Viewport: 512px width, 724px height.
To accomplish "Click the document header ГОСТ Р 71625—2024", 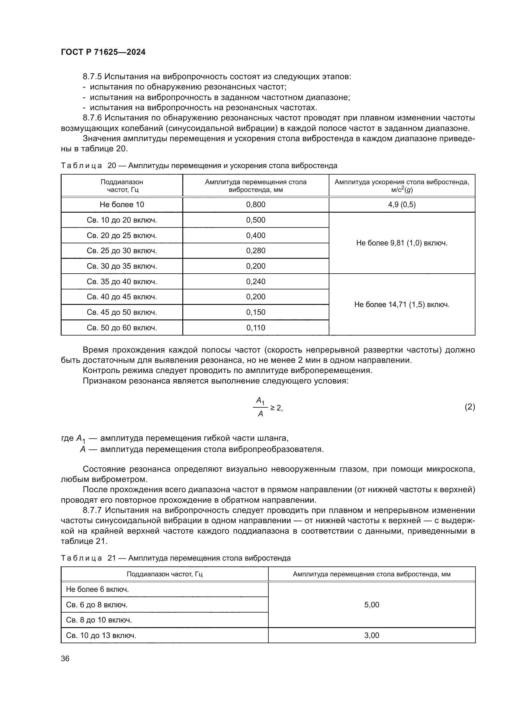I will (103, 52).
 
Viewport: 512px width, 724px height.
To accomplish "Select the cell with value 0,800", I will (256, 205).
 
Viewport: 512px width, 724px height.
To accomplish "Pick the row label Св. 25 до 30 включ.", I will (122, 251).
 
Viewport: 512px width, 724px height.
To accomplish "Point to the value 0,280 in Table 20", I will (256, 251).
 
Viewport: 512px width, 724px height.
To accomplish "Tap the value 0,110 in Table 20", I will (256, 327).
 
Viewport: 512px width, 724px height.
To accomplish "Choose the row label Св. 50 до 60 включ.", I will (122, 328).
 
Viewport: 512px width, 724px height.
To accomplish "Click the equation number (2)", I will (470, 407).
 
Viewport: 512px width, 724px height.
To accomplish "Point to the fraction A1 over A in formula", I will (260, 407).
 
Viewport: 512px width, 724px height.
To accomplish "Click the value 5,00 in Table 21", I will (372, 605).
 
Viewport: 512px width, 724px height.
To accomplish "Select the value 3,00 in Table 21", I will (372, 635).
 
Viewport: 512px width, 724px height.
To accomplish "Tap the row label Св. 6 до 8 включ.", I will (97, 605).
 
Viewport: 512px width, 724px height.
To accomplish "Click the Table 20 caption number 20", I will (112, 166).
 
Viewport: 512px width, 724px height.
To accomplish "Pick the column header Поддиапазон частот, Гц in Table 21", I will (165, 574).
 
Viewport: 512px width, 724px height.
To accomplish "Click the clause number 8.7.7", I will (93, 510).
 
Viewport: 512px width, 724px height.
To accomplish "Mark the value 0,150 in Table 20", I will (256, 312).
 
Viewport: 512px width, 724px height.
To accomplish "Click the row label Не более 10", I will (122, 205).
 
